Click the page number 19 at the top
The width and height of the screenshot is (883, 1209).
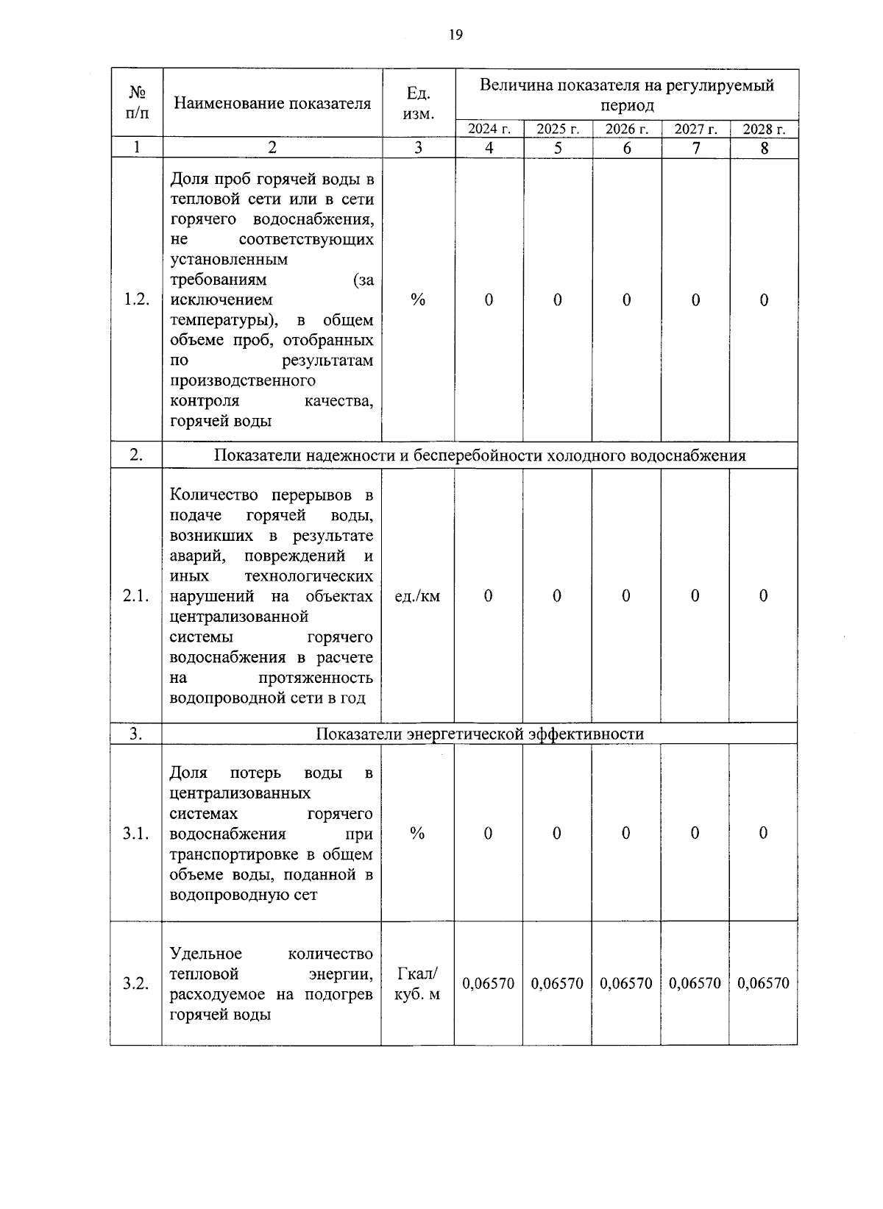click(455, 35)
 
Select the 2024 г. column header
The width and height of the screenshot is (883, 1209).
click(489, 130)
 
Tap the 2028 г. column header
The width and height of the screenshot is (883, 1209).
click(764, 130)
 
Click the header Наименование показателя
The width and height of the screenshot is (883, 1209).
click(272, 103)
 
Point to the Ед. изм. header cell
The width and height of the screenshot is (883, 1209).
click(418, 103)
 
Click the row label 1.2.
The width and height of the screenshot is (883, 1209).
click(137, 299)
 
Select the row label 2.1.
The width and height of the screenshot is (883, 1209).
click(136, 596)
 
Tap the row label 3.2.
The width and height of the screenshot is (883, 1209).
click(136, 984)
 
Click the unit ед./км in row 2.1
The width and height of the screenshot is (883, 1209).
click(417, 596)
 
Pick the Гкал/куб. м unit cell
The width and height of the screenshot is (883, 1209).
click(417, 984)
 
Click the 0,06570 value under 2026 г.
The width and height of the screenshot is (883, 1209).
click(626, 984)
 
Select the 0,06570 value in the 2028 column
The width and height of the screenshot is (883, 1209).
click(763, 984)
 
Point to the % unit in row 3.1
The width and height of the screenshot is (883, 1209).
click(417, 833)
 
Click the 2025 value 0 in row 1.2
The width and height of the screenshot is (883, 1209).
click(557, 300)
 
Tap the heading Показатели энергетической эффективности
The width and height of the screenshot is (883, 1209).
click(480, 734)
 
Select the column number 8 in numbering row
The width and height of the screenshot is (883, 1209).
click(765, 148)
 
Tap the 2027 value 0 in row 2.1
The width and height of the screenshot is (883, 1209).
click(695, 596)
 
